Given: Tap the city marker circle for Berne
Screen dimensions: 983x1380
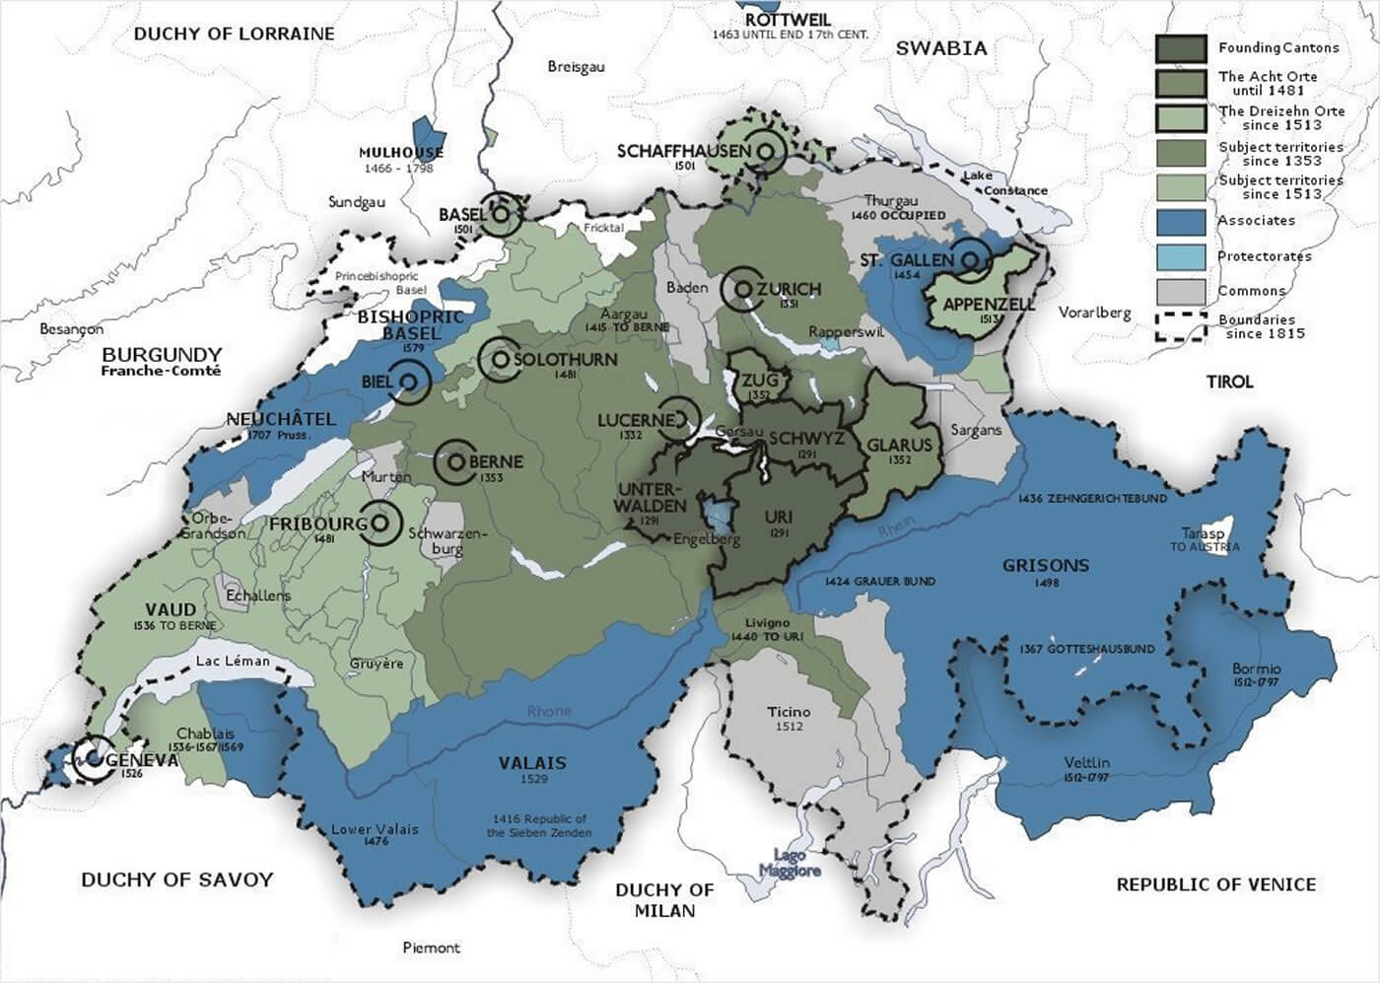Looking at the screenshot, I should [455, 461].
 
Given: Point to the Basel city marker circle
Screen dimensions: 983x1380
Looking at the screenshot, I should [501, 213].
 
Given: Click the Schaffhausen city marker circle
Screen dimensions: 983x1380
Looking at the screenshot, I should [766, 151].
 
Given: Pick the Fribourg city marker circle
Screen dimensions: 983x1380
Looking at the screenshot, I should [380, 524].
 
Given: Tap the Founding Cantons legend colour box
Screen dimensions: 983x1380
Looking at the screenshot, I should [1181, 48].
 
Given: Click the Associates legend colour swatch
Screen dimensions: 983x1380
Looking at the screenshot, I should [1181, 221].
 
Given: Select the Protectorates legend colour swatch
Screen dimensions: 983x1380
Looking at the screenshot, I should [1181, 256].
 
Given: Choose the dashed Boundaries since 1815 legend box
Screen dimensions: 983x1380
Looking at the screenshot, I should [1181, 326].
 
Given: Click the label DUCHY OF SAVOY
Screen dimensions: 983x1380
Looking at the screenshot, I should [176, 879].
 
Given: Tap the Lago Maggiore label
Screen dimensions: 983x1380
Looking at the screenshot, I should [790, 864].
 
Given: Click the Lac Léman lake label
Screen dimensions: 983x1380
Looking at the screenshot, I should [233, 661].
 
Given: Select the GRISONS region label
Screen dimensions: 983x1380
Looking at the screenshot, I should [1046, 566].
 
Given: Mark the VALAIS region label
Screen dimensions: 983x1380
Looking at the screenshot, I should [532, 763].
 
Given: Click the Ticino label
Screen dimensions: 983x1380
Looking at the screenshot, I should [789, 712].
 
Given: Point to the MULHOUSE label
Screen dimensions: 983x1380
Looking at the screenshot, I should [400, 153].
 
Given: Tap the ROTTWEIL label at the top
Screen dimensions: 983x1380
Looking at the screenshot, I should [788, 20].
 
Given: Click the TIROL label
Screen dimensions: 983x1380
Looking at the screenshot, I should [1229, 382].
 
